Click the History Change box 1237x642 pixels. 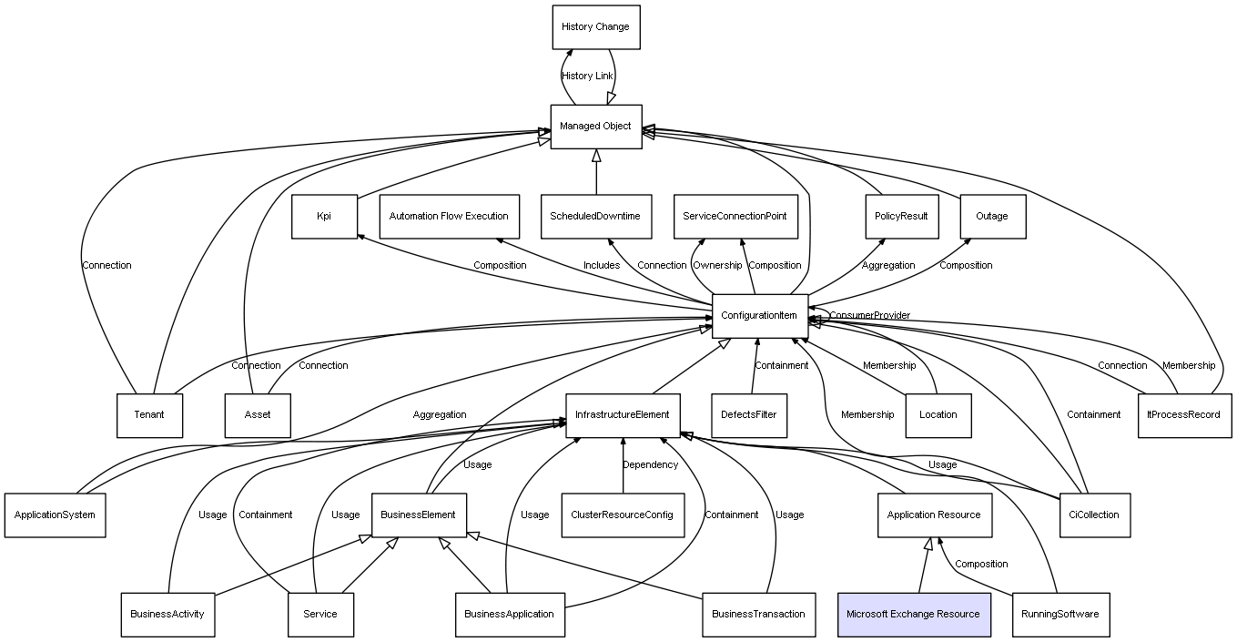click(x=595, y=27)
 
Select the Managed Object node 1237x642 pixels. click(x=595, y=127)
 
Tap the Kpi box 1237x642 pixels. click(x=324, y=217)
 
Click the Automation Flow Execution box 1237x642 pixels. click(x=449, y=217)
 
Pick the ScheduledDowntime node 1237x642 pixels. click(x=595, y=217)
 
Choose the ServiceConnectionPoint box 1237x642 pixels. click(x=735, y=217)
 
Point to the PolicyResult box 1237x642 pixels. click(x=900, y=217)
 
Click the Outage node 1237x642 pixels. click(x=992, y=217)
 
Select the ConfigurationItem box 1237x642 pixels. click(x=759, y=316)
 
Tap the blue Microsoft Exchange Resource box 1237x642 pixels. click(x=913, y=614)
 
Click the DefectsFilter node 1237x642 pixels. click(x=749, y=415)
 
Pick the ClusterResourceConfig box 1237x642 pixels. click(x=623, y=515)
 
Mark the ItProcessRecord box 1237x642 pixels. click(x=1184, y=415)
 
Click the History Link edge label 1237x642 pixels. click(x=587, y=76)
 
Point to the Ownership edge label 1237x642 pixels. click(x=717, y=266)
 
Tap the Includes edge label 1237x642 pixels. click(x=602, y=266)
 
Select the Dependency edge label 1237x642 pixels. click(x=650, y=465)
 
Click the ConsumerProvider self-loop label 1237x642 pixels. click(x=869, y=316)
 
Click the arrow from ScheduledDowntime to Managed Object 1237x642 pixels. click(x=596, y=172)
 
